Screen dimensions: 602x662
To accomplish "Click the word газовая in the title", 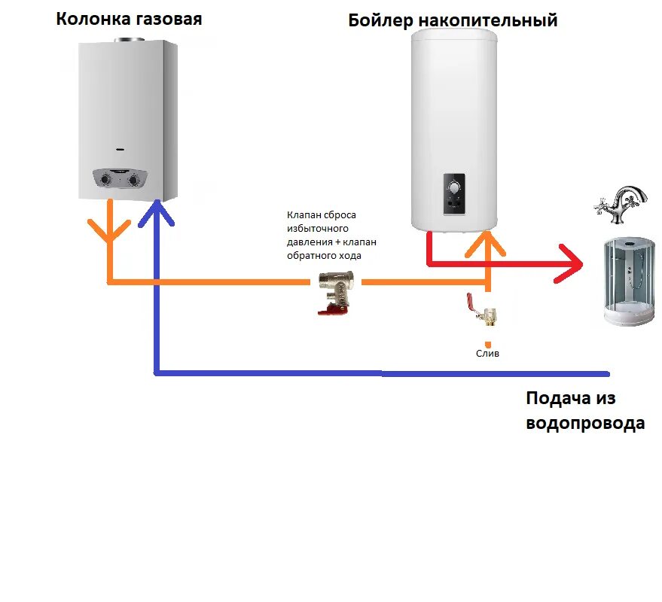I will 166,19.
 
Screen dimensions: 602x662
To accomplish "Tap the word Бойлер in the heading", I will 380,20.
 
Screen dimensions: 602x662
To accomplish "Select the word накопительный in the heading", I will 487,20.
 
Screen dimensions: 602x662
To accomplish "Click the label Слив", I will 487,353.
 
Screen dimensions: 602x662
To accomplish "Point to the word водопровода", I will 585,423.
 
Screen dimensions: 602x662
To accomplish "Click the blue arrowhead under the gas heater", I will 156,212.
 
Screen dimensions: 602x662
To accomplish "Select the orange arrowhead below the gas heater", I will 109,230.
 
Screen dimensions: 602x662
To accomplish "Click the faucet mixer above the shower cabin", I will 619,205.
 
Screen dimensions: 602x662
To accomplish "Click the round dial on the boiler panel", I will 454,187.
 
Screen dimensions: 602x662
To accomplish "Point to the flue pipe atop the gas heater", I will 127,39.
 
